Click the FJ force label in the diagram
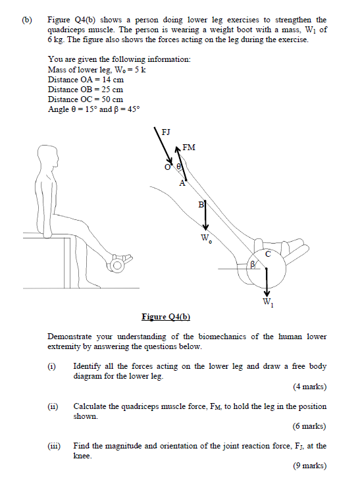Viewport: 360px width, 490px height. pyautogui.click(x=166, y=132)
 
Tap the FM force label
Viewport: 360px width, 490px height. pyautogui.click(x=189, y=148)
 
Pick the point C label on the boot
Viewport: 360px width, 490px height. pyautogui.click(x=268, y=254)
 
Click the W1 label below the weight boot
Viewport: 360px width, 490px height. pyautogui.click(x=267, y=303)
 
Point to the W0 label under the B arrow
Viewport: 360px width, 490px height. pyautogui.click(x=206, y=238)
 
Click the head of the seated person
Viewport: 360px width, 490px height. pyautogui.click(x=47, y=158)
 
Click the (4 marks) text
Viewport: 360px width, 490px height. pyautogui.click(x=309, y=387)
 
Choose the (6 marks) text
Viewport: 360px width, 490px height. pyautogui.click(x=309, y=426)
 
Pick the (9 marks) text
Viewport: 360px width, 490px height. pyautogui.click(x=309, y=466)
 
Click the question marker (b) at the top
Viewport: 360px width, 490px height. pyautogui.click(x=27, y=20)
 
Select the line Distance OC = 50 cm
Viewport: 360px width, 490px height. pyautogui.click(x=86, y=99)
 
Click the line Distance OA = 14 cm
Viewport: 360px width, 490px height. pyautogui.click(x=86, y=79)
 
